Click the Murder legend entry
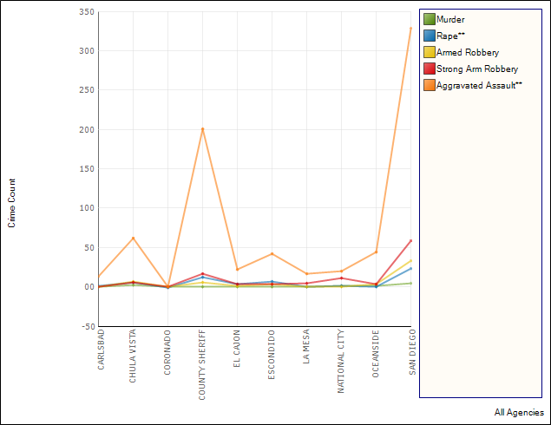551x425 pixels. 450,19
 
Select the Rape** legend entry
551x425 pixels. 450,36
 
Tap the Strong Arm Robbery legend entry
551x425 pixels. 477,69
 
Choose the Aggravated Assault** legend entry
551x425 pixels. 479,85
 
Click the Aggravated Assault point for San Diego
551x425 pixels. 410,29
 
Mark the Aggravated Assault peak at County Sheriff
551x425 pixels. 202,130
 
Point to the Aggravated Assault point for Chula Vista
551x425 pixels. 133,239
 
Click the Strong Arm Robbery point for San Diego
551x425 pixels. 410,241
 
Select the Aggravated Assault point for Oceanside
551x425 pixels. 376,252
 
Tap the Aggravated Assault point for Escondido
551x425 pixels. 272,254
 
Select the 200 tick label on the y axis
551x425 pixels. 86,130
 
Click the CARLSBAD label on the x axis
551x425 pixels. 102,350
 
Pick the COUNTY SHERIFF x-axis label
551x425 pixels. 202,364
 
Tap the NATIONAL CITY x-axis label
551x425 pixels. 341,362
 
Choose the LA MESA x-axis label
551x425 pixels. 306,348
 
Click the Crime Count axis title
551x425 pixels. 12,203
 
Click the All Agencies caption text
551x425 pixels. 519,412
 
